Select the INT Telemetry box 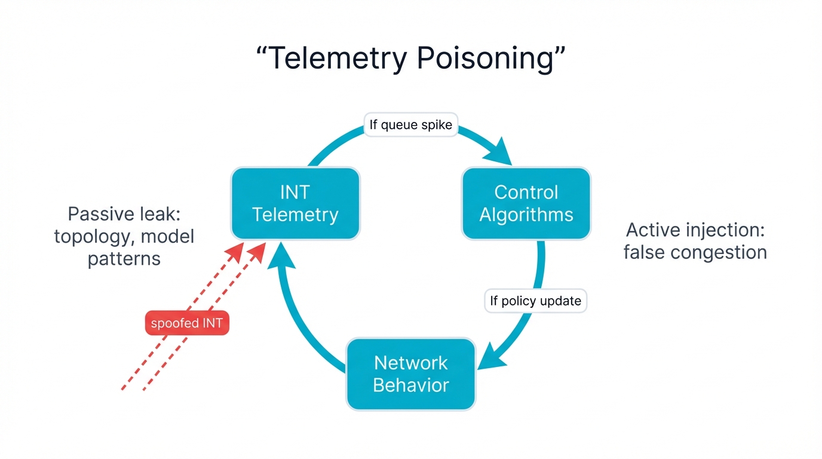pyautogui.click(x=295, y=203)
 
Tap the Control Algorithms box pyautogui.click(x=526, y=203)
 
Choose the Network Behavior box pyautogui.click(x=410, y=374)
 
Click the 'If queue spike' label pyautogui.click(x=411, y=125)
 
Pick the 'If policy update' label pyautogui.click(x=535, y=301)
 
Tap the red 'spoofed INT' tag pyautogui.click(x=187, y=324)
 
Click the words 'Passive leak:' pyautogui.click(x=124, y=214)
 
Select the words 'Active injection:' pyautogui.click(x=695, y=230)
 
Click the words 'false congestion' pyautogui.click(x=695, y=252)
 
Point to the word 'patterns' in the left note pyautogui.click(x=124, y=259)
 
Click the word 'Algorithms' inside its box pyautogui.click(x=526, y=215)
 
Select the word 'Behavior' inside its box pyautogui.click(x=410, y=385)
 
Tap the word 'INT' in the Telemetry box pyautogui.click(x=295, y=192)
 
